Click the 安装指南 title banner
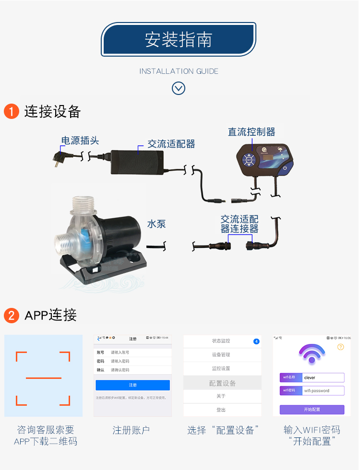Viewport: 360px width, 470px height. click(179, 40)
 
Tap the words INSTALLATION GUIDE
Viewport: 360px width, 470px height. click(179, 71)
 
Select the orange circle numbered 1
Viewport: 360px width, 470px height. click(11, 112)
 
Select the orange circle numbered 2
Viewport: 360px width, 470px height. click(11, 315)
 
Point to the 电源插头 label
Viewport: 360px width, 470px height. click(80, 141)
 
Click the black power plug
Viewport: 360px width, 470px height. click(61, 157)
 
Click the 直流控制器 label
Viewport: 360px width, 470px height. click(252, 132)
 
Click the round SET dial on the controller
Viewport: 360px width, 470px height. click(249, 160)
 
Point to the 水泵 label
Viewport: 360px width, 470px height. click(156, 224)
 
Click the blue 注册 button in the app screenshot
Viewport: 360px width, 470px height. click(132, 385)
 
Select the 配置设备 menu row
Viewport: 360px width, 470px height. click(222, 383)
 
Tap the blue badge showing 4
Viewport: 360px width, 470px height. click(256, 341)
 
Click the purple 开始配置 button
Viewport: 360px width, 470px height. click(312, 410)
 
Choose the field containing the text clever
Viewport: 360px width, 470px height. click(324, 377)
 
